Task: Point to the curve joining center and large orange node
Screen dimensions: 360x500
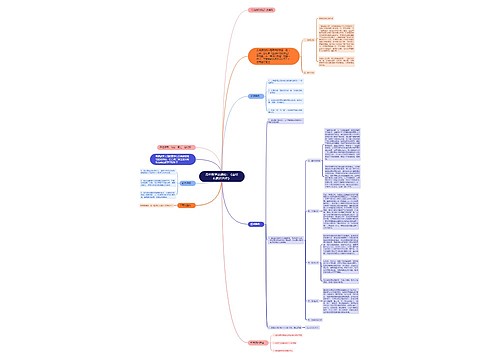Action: tap(240, 110)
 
